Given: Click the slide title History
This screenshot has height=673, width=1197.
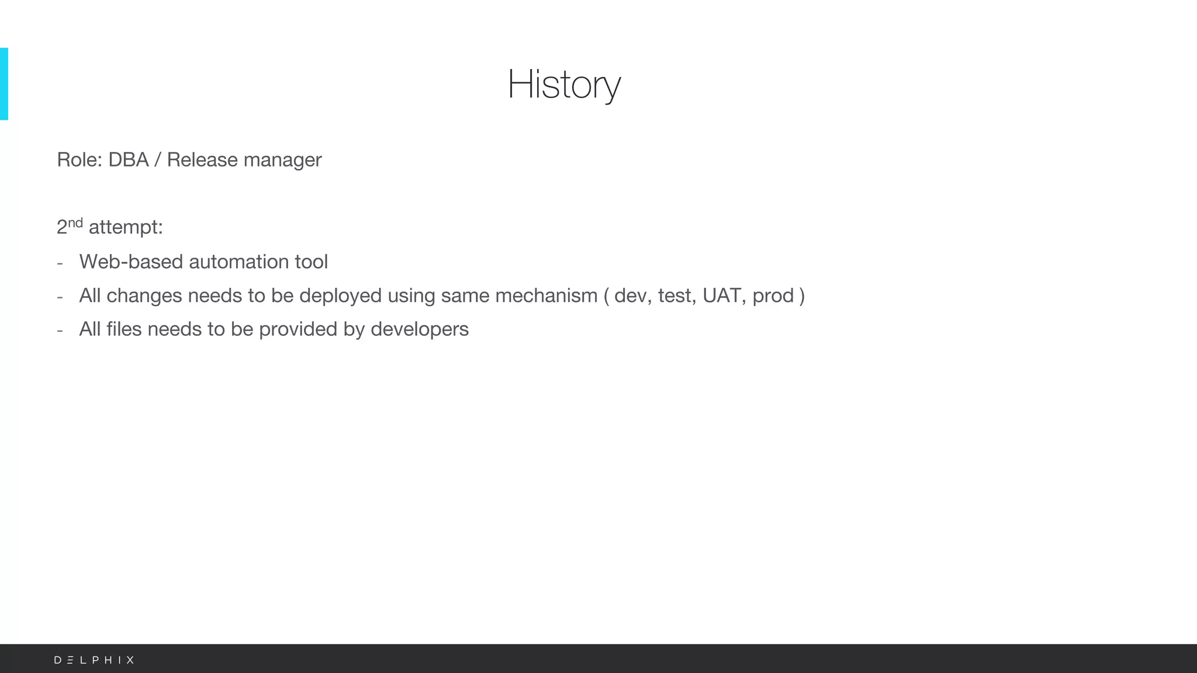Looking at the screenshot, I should point(563,85).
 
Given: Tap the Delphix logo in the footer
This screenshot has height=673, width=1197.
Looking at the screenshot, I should point(94,660).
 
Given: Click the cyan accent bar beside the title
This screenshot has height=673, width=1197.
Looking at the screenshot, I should point(4,84).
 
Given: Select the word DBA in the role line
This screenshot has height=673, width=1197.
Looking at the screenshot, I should point(128,160).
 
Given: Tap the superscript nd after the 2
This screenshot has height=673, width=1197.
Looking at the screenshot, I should point(75,223).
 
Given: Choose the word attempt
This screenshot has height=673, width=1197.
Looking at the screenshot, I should point(123,228).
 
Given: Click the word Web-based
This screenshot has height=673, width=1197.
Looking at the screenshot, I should point(131,262).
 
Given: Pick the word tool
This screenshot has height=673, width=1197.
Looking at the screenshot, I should point(311,262).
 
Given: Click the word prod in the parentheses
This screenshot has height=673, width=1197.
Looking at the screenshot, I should point(773,296).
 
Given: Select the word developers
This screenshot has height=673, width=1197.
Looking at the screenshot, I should point(419,329).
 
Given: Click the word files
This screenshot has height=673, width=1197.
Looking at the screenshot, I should point(124,329).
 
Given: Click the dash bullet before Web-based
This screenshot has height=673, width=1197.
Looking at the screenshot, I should point(60,263).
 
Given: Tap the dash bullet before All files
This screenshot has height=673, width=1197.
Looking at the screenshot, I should point(60,331).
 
